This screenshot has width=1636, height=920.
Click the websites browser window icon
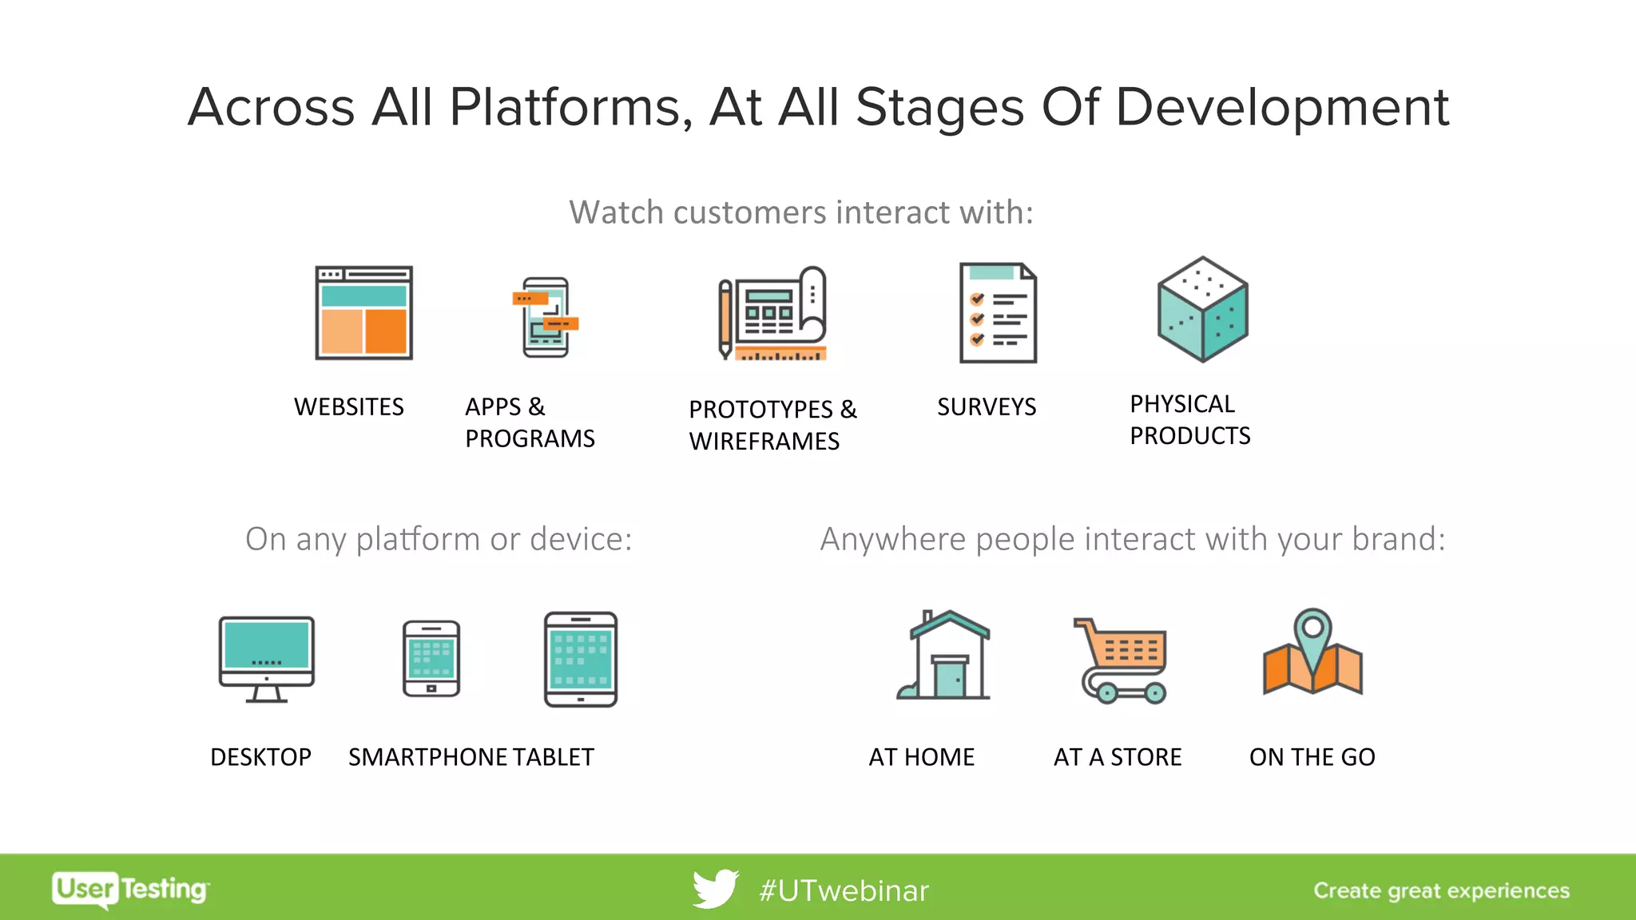(x=363, y=313)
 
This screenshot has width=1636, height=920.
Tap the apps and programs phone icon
(x=546, y=317)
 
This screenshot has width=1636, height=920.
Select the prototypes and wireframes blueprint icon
(x=772, y=314)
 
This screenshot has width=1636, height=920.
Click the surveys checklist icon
(x=998, y=313)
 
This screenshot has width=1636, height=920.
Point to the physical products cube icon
(x=1202, y=310)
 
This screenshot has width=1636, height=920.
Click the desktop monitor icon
(x=266, y=659)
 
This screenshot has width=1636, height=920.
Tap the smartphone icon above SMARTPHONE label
(x=431, y=659)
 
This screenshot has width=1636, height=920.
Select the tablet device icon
(x=581, y=660)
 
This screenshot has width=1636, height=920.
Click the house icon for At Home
(x=944, y=656)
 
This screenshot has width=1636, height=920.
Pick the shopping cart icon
(x=1122, y=660)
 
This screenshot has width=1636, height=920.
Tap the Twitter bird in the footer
(x=715, y=889)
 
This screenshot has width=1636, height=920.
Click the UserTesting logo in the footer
(x=130, y=889)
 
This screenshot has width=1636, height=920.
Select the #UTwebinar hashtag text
(x=844, y=890)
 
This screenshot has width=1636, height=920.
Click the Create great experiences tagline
(x=1441, y=890)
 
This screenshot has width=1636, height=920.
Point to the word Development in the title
(x=1281, y=107)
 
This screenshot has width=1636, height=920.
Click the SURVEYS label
(x=987, y=407)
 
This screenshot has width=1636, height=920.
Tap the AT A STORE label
(x=1117, y=757)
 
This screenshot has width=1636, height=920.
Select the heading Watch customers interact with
(x=801, y=212)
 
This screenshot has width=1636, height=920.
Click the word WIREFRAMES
(x=764, y=442)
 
